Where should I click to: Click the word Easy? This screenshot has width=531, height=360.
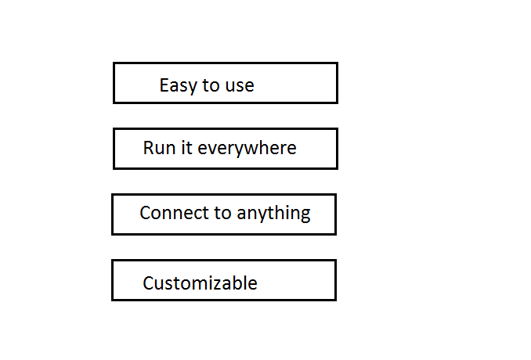coord(176,85)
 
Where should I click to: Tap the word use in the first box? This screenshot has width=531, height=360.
coord(240,85)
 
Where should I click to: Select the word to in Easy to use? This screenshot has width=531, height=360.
coord(211,85)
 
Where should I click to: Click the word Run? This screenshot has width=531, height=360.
coord(157,148)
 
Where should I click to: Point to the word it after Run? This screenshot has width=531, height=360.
coord(185,148)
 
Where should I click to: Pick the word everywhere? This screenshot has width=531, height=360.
coord(247,149)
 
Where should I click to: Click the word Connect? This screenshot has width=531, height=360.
coord(172,213)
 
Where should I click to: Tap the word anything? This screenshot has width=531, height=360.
coord(273,214)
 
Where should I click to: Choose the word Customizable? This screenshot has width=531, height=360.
coord(200,283)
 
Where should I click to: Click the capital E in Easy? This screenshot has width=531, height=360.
coord(164,85)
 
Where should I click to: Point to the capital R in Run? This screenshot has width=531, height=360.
coord(149,148)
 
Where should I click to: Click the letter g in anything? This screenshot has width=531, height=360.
coord(304,215)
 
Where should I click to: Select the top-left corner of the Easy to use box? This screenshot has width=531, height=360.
coord(114,63)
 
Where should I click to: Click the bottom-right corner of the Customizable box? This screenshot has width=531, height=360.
coord(335,300)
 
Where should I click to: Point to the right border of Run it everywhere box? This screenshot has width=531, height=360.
coord(337,149)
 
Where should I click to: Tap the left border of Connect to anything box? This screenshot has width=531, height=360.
coord(113,214)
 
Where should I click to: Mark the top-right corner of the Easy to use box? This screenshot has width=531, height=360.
coord(337,63)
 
